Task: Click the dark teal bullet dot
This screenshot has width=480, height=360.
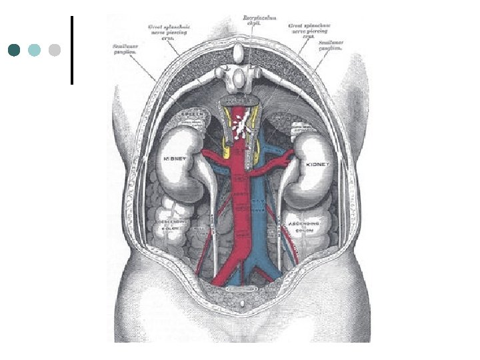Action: tap(15, 50)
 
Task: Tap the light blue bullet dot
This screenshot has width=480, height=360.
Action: tap(35, 50)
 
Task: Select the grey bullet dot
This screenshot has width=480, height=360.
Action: tap(55, 50)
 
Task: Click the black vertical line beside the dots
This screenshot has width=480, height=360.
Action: tap(71, 50)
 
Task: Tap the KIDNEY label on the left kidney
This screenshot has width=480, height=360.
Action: tap(175, 160)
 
